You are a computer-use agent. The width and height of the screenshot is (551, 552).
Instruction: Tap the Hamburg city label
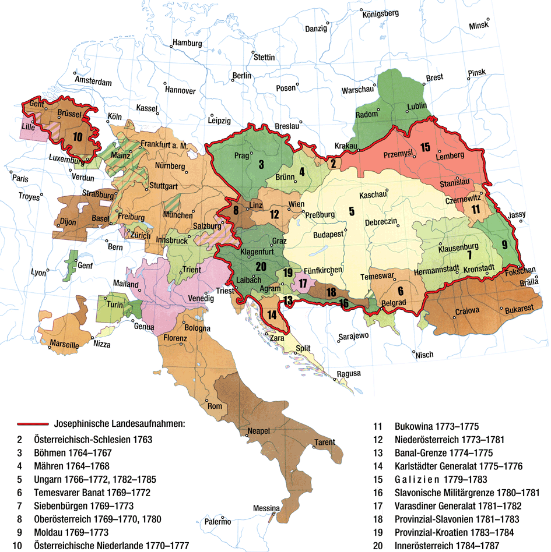[187, 44]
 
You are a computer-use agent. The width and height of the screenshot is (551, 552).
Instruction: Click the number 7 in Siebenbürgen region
[468, 254]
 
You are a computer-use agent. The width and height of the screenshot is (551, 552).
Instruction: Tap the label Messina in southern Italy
[266, 508]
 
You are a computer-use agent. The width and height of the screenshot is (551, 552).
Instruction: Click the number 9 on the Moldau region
[505, 243]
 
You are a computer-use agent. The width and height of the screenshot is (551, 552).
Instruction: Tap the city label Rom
[215, 406]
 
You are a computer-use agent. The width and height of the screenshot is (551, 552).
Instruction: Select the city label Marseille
[64, 345]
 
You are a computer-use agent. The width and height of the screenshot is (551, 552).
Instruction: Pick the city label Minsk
[479, 26]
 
